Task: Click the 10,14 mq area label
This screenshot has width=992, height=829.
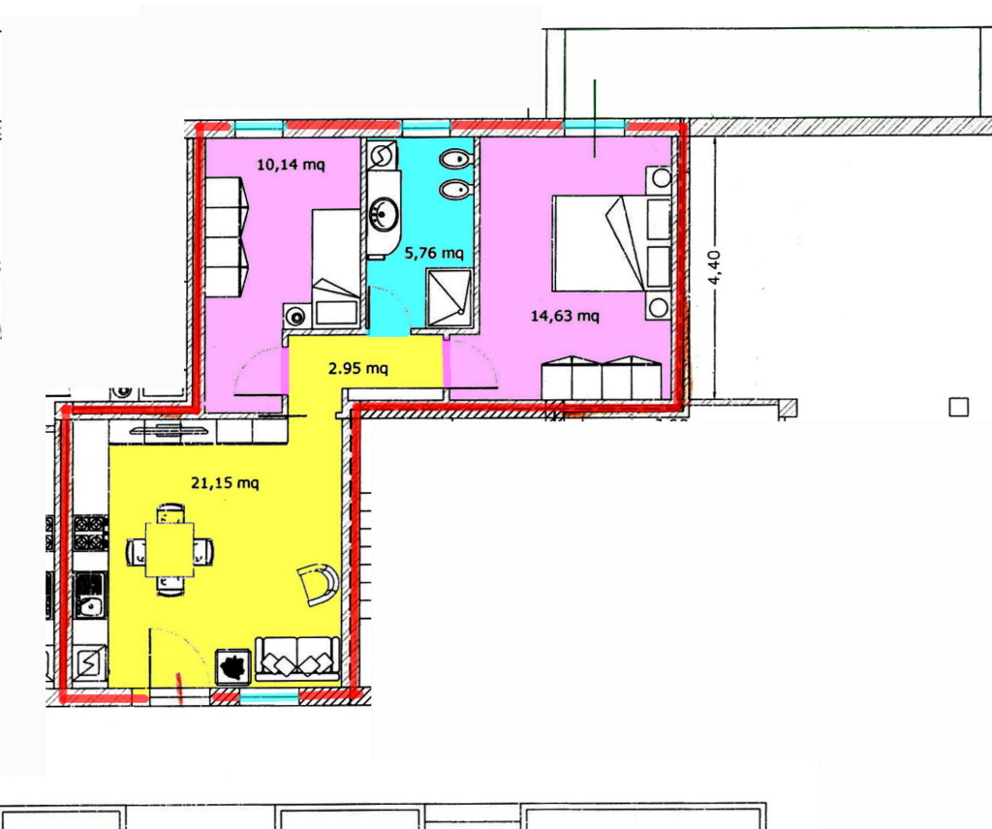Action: coord(291,165)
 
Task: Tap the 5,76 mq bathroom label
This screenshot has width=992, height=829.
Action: coord(434,253)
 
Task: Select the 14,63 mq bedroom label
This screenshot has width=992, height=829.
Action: coord(565,315)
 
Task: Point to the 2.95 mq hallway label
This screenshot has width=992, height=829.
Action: coord(358,367)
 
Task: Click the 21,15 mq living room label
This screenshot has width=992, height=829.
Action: coord(225,482)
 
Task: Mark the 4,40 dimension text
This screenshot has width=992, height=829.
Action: coord(714,267)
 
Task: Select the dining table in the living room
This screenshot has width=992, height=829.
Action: coord(170,549)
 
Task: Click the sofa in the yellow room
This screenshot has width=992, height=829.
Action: coord(297,659)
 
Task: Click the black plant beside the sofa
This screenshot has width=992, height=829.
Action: coord(233,667)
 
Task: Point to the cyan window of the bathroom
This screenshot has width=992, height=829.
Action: coord(426,127)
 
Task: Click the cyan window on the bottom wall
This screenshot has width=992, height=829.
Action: coord(269,697)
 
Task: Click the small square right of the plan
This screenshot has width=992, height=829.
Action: coord(958,407)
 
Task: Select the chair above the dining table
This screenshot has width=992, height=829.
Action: coord(170,513)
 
